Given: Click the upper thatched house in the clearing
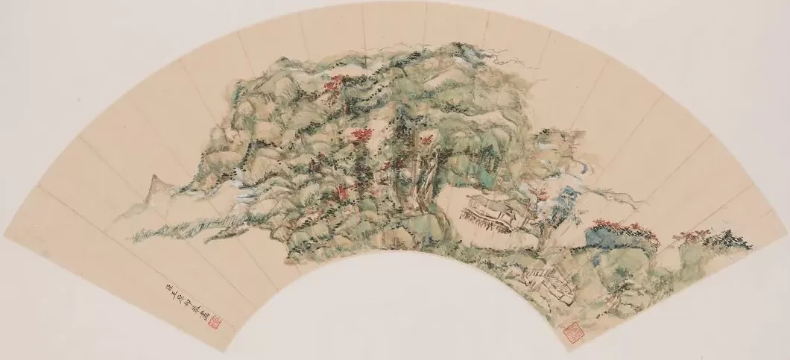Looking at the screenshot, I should pos(489,209).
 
